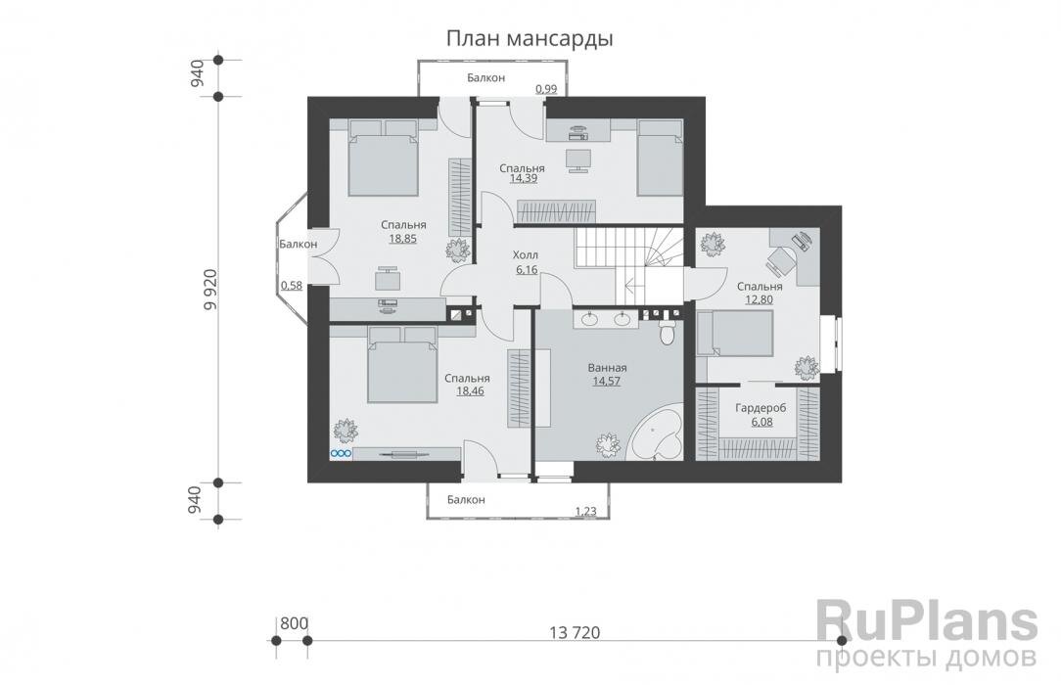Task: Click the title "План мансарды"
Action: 530,39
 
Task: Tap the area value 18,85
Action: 402,238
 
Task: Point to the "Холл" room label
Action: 525,255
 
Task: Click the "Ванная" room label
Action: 607,369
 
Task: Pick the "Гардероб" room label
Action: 761,408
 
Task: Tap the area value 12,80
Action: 759,299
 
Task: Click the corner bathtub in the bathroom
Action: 655,435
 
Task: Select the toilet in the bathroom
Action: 668,332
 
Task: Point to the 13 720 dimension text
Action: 575,633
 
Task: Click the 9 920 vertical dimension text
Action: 210,290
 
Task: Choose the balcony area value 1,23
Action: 586,512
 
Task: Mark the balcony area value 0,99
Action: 546,89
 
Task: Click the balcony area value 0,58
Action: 291,286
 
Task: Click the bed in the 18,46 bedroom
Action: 402,365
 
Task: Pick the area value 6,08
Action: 761,422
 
